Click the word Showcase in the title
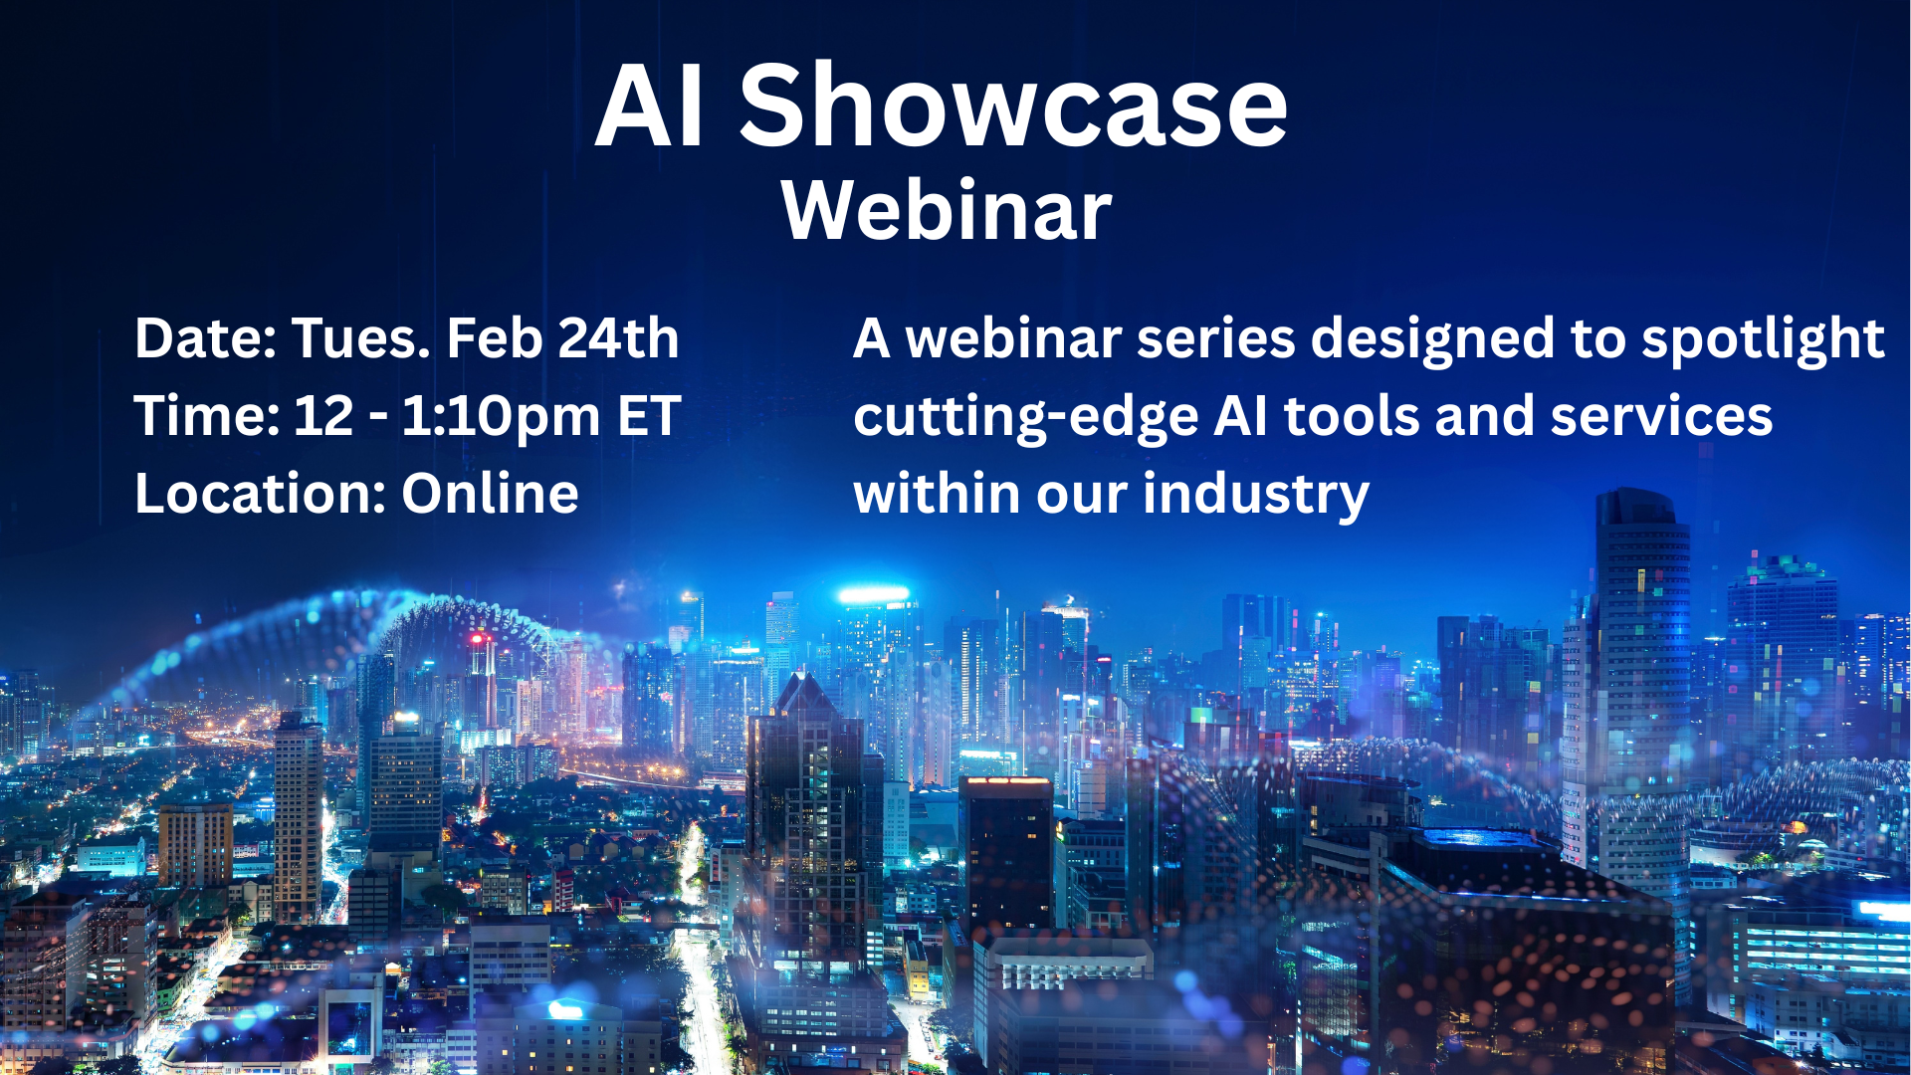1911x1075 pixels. point(1013,106)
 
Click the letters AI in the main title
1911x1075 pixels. point(651,107)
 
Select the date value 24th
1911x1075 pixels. point(618,338)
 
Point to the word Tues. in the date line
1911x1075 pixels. point(360,338)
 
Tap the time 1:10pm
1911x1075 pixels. point(501,418)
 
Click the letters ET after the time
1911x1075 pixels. point(649,416)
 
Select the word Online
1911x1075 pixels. point(490,494)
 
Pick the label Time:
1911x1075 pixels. point(207,416)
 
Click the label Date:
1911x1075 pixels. point(205,338)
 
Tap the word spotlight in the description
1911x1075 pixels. point(1763,340)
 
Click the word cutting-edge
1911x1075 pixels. point(1026,418)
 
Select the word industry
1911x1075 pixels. point(1256,496)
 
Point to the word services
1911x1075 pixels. point(1661,416)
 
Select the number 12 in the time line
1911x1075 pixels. point(323,416)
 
